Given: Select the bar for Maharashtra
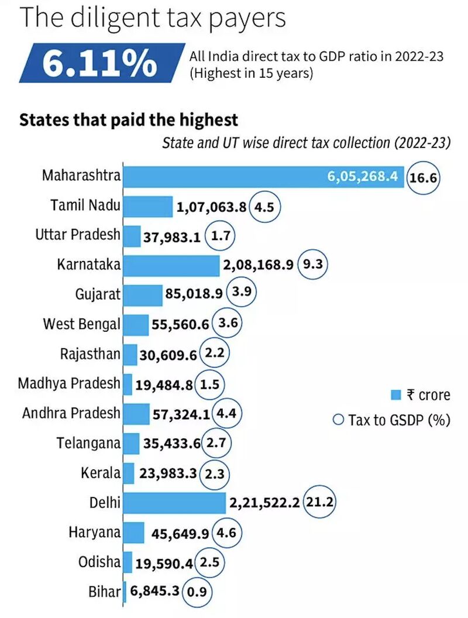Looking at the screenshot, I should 263,177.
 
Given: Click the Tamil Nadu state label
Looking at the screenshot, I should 85,205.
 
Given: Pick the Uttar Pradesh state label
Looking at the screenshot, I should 77,235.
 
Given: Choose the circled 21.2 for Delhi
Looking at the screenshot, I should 321,503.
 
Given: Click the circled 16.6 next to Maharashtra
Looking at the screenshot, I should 424,177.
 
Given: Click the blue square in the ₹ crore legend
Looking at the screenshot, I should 395,395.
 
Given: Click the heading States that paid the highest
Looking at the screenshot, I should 129,120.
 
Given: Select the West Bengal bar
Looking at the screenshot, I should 137,324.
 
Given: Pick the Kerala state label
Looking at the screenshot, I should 101,473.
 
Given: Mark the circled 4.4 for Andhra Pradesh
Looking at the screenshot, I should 226,414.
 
